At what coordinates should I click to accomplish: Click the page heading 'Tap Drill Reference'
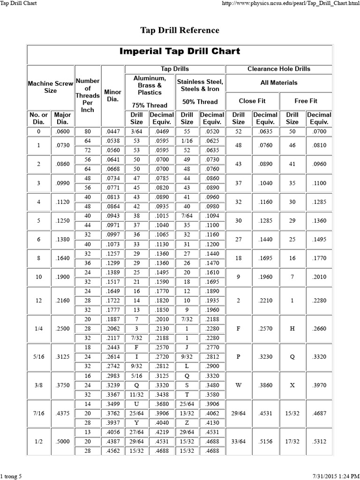pos(180,30)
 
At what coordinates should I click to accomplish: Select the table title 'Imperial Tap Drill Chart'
pos(180,51)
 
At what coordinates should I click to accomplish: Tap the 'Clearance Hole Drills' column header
pos(278,69)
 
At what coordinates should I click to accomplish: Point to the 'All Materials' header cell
pos(278,82)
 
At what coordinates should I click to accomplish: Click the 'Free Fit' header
pos(305,101)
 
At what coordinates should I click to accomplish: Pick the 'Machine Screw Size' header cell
pos(50,87)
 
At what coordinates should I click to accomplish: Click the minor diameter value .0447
pos(112,132)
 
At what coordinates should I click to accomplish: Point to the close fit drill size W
pos(238,385)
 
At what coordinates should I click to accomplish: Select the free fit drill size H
pos(292,329)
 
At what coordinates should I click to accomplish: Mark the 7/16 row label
pos(38,413)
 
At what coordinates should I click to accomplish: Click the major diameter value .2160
pos(62,300)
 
